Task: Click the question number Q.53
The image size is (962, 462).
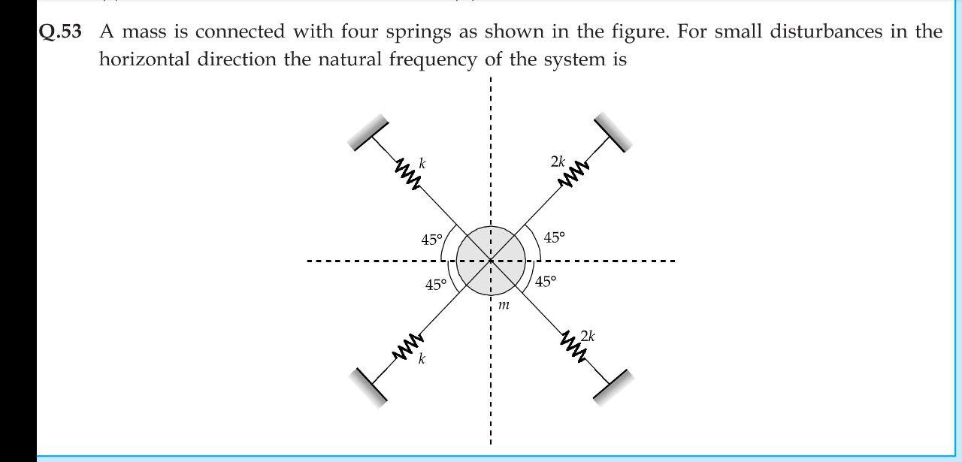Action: click(60, 32)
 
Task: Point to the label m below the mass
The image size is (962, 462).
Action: click(504, 305)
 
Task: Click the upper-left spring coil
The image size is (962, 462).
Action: click(407, 174)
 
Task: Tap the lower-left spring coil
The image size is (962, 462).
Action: click(407, 348)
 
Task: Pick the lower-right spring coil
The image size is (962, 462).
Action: click(573, 345)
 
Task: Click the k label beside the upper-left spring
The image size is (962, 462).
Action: click(422, 162)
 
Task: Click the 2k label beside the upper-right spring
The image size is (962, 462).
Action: click(558, 162)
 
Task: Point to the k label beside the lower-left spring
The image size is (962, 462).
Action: click(422, 359)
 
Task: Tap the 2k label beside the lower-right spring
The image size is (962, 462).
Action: click(588, 336)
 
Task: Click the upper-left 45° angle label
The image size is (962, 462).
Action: click(431, 240)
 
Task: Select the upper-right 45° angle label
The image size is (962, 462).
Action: click(554, 237)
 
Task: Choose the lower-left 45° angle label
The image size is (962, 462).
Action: click(436, 285)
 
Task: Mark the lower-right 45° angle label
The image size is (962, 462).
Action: click(546, 282)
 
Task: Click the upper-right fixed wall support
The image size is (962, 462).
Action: click(613, 132)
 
